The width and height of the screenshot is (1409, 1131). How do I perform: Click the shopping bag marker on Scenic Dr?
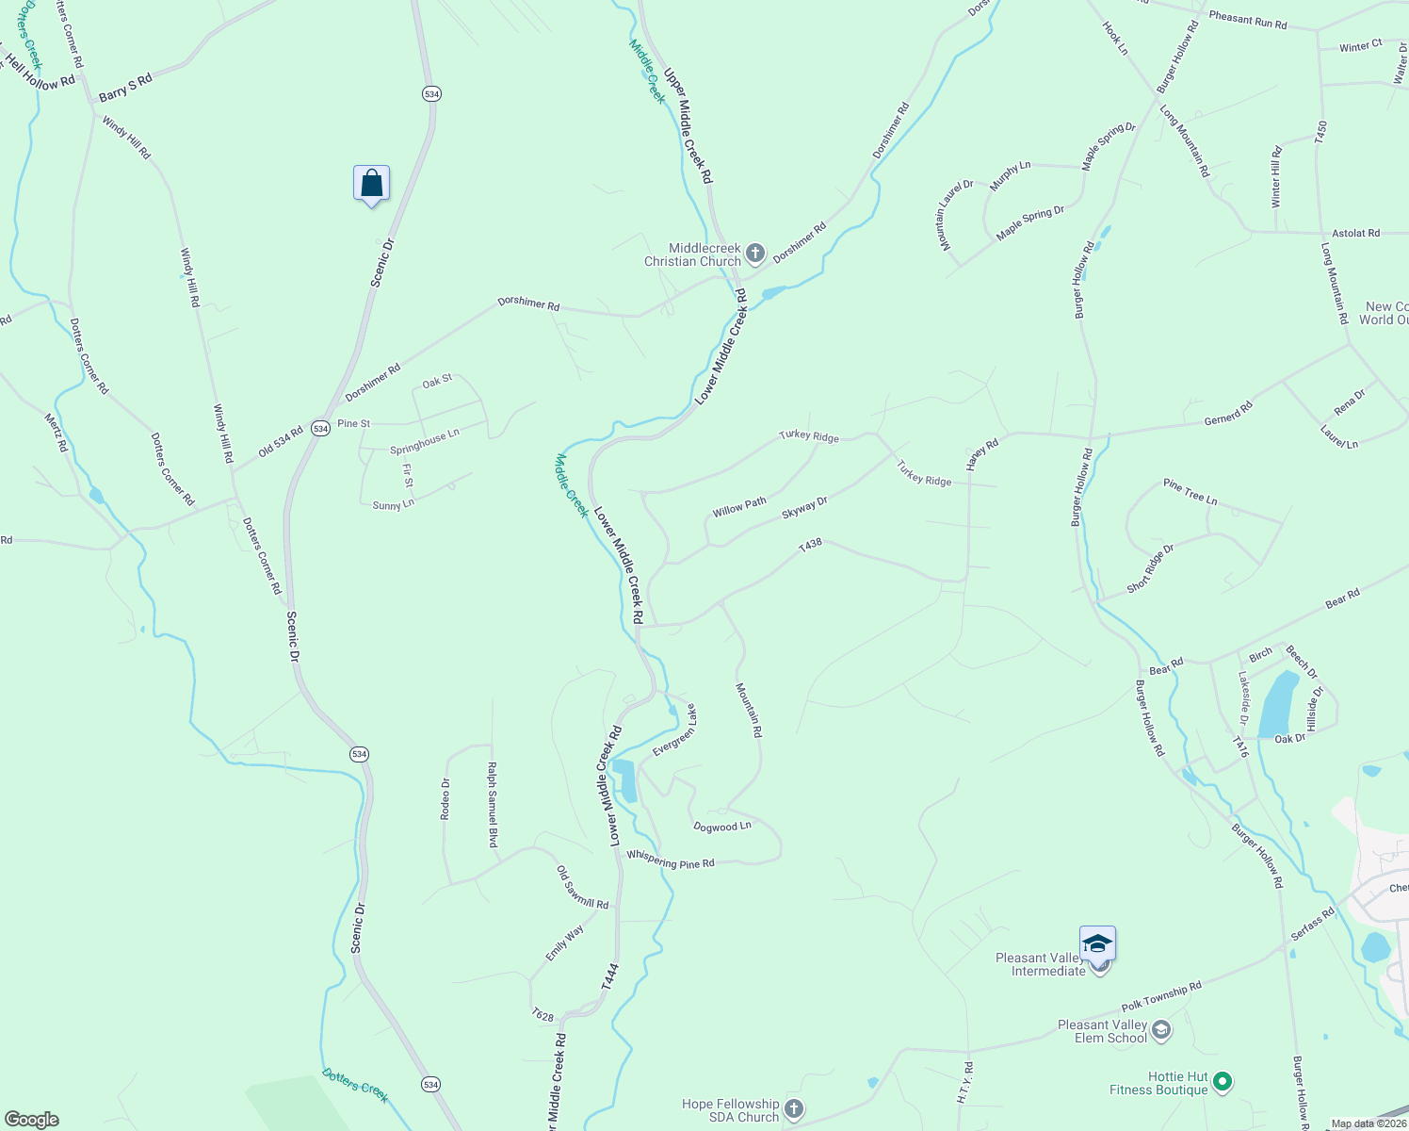(x=372, y=184)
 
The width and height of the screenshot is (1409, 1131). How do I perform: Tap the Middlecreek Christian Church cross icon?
(x=754, y=253)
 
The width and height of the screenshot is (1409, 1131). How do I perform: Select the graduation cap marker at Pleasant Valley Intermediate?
(x=1097, y=942)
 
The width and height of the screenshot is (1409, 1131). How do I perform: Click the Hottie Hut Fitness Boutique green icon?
(x=1222, y=1083)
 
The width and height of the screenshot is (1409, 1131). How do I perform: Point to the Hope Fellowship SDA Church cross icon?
(x=794, y=1109)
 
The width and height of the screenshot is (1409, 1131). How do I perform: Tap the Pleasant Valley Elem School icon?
(x=1161, y=1030)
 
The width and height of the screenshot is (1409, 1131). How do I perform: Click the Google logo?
(x=31, y=1119)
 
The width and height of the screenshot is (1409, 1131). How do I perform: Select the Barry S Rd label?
(x=125, y=89)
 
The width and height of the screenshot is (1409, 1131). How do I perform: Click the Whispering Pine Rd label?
(x=671, y=861)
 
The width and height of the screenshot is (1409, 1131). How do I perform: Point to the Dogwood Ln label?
(x=722, y=827)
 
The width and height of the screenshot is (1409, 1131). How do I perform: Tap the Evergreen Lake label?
(x=674, y=729)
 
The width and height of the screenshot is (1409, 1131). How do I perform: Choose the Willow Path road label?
(x=739, y=507)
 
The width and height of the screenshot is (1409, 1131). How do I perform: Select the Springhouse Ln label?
(x=425, y=441)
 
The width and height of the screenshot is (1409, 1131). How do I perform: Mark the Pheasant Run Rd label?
(x=1247, y=19)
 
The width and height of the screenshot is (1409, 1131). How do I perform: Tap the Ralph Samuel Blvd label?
(x=492, y=805)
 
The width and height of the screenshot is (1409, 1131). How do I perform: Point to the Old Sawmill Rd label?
(x=582, y=888)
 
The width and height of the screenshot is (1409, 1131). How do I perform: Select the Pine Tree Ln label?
(x=1190, y=491)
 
